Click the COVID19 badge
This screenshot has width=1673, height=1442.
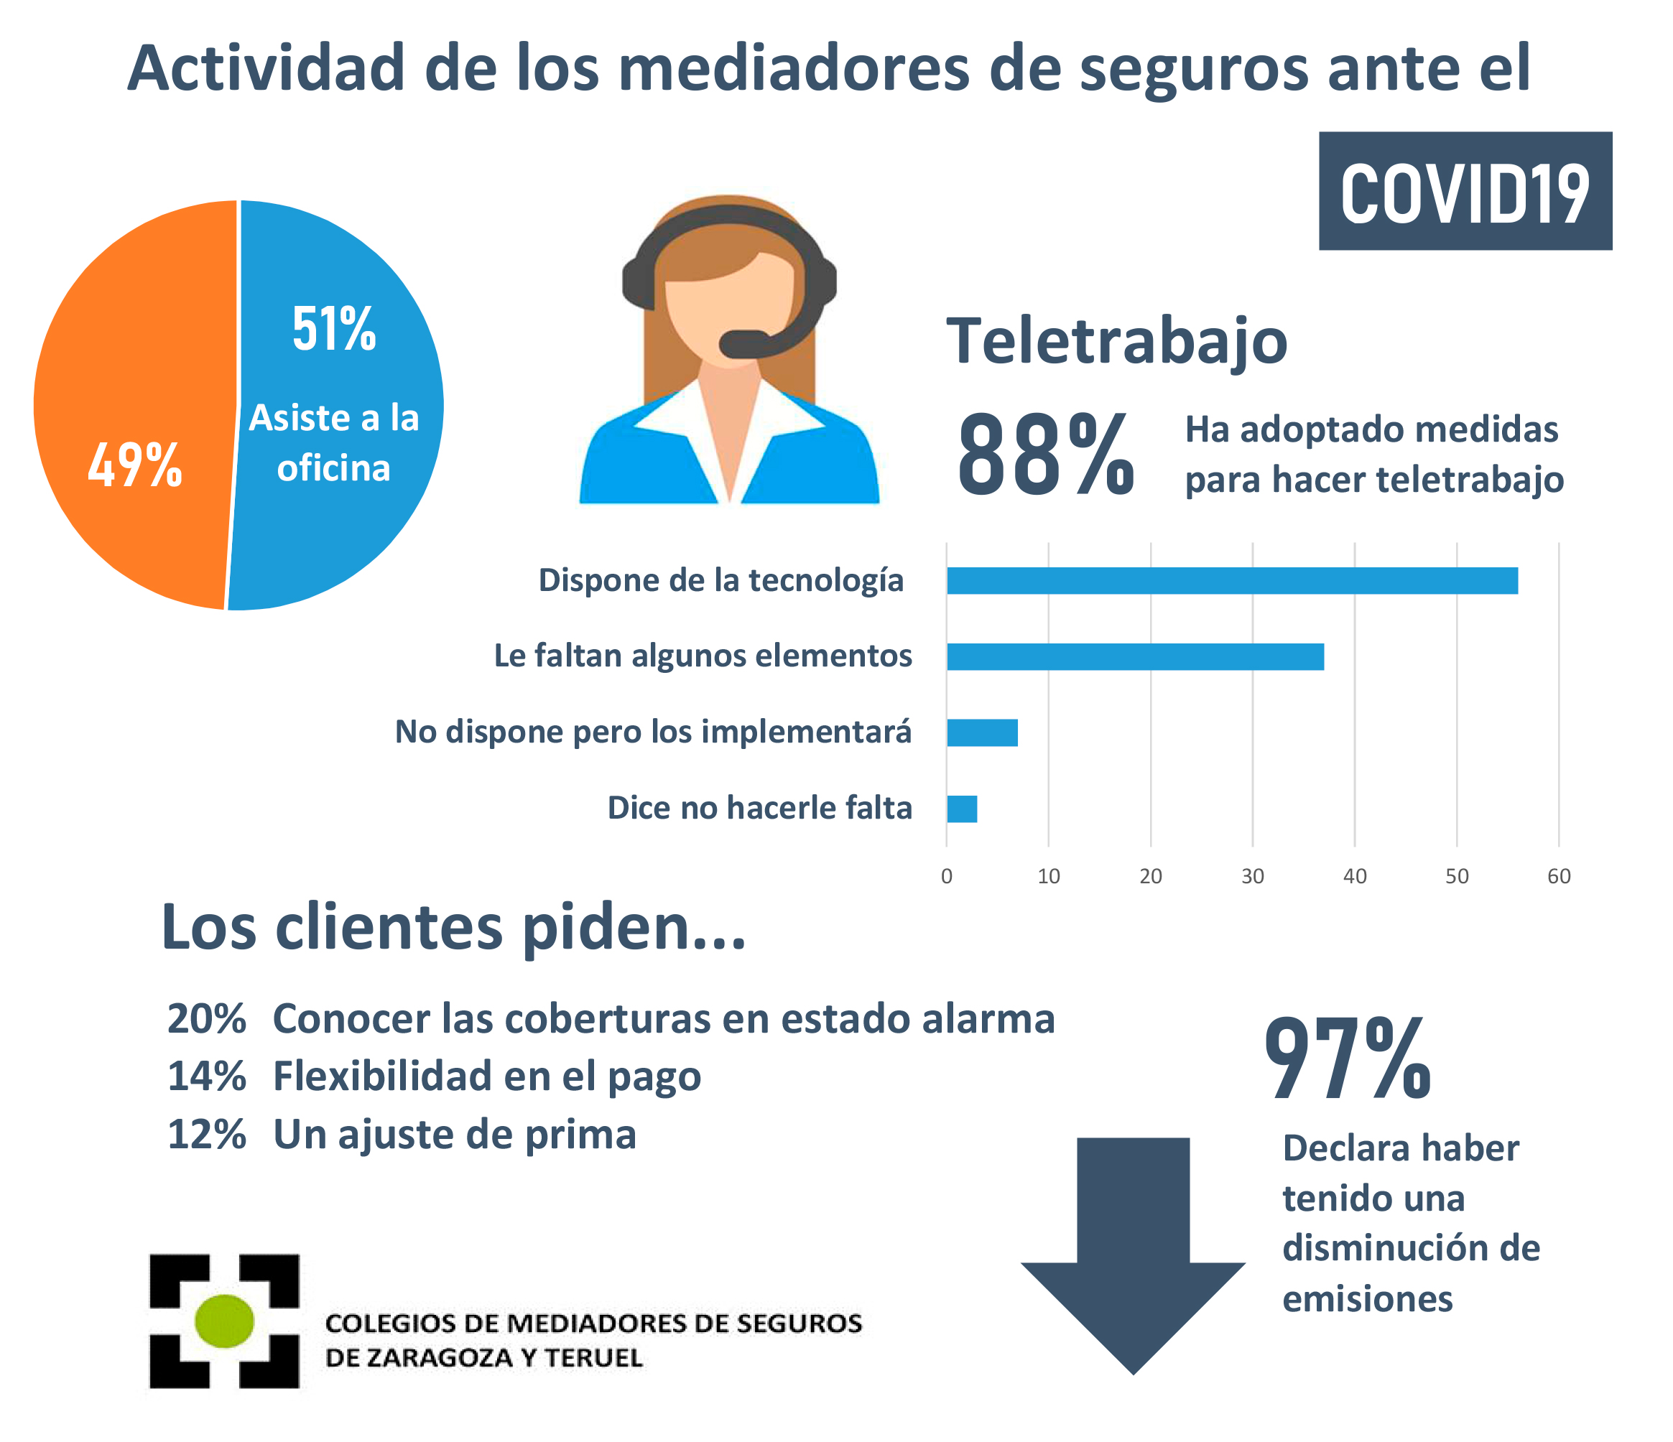point(1465,191)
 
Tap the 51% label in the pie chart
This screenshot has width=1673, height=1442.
point(333,329)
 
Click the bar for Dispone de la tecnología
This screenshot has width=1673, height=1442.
point(1231,580)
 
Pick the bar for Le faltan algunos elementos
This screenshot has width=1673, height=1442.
point(1134,656)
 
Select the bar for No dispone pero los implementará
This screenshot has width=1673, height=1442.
point(982,732)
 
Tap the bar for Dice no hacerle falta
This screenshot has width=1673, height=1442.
point(962,808)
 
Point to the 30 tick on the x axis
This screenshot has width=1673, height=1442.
point(1252,877)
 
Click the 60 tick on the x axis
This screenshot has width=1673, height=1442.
point(1558,877)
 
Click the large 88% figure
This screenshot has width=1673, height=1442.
point(1046,455)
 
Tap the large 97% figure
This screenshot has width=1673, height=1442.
point(1347,1060)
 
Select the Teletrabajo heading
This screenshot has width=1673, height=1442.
point(1117,342)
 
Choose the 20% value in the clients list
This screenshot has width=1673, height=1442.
point(206,1019)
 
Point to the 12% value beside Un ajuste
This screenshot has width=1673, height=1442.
point(206,1135)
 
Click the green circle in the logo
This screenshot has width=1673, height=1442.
point(224,1321)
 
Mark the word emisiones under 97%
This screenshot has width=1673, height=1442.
point(1367,1299)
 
